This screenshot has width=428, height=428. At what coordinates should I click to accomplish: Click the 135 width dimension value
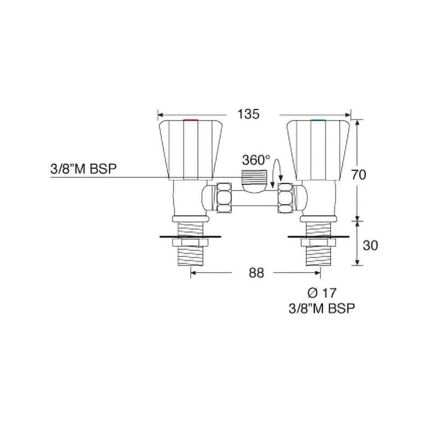pos(250,114)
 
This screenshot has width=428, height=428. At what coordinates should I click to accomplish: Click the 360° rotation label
pos(255,160)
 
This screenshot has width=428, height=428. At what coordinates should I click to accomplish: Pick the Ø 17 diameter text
pos(322,293)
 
